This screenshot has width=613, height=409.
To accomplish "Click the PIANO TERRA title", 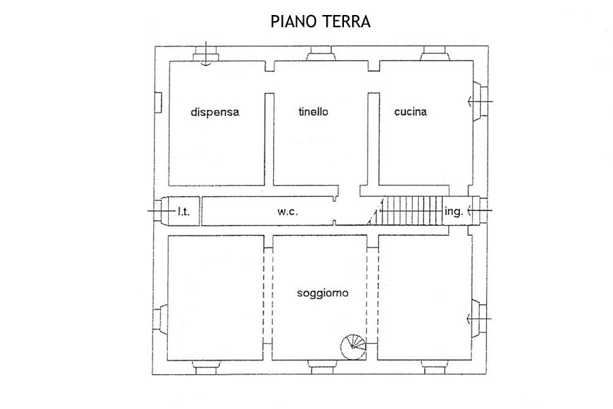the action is [x=321, y=22].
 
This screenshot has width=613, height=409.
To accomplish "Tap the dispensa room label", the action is [x=215, y=112].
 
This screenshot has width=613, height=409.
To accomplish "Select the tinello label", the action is [x=313, y=112].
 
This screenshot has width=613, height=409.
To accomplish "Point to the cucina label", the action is [x=410, y=112].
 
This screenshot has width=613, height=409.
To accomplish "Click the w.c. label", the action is [x=287, y=212].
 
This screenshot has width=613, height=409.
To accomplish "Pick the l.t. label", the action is [x=183, y=212].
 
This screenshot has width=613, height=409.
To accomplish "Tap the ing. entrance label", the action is [x=454, y=211].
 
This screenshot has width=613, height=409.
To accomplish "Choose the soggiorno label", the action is [x=323, y=292].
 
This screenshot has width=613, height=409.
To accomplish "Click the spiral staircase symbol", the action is [x=353, y=347].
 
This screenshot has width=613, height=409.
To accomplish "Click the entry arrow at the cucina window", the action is [x=480, y=102].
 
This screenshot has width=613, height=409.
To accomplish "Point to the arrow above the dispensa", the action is [x=206, y=53].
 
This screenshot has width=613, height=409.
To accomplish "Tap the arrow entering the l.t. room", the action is [x=161, y=211].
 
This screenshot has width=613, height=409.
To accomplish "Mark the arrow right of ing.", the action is [x=480, y=211].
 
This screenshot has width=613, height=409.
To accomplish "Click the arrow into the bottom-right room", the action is [x=480, y=320].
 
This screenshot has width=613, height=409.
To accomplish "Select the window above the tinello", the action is [x=321, y=54].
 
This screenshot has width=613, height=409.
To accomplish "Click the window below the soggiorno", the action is [x=322, y=367].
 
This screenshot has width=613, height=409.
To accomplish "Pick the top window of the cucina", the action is [x=435, y=54].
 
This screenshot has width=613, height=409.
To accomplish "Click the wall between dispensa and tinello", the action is [x=269, y=139].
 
